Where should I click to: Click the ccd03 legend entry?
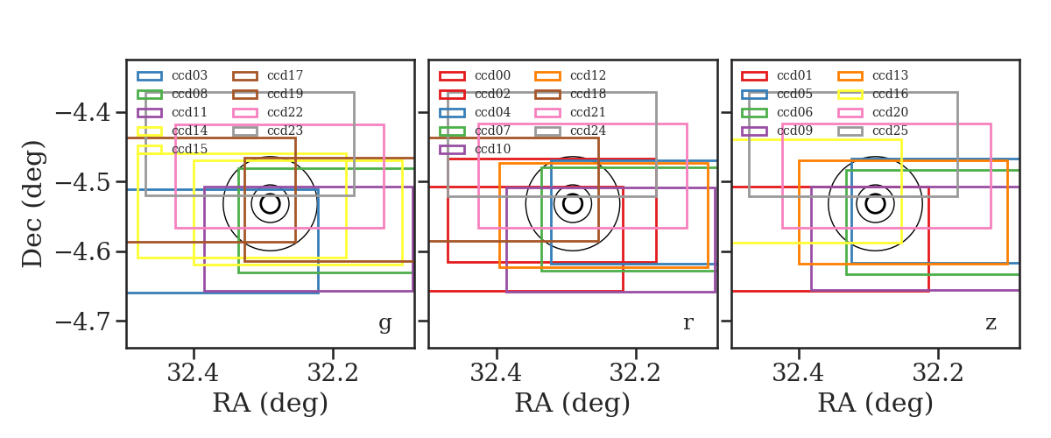pyautogui.click(x=173, y=75)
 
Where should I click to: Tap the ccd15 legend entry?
pyautogui.click(x=173, y=149)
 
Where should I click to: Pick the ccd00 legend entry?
pyautogui.click(x=475, y=75)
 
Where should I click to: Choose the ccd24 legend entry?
pyautogui.click(x=570, y=131)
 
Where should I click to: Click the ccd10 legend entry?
pyautogui.click(x=475, y=149)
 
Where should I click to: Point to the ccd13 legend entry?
pyautogui.click(x=872, y=75)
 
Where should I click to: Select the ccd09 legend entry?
pyautogui.click(x=777, y=131)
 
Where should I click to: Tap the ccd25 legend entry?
pyautogui.click(x=872, y=131)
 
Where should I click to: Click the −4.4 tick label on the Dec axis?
pyautogui.click(x=83, y=113)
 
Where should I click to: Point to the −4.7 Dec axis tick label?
pyautogui.click(x=83, y=321)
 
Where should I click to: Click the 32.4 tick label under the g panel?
pyautogui.click(x=193, y=373)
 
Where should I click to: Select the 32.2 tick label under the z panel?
pyautogui.click(x=937, y=373)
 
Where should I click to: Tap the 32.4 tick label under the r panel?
pyautogui.click(x=496, y=373)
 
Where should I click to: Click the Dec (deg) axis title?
pyautogui.click(x=33, y=204)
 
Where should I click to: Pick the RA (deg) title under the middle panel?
pyautogui.click(x=573, y=403)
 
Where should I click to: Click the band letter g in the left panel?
pyautogui.click(x=385, y=323)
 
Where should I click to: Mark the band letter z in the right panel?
pyautogui.click(x=991, y=323)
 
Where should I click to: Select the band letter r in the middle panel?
pyautogui.click(x=688, y=323)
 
